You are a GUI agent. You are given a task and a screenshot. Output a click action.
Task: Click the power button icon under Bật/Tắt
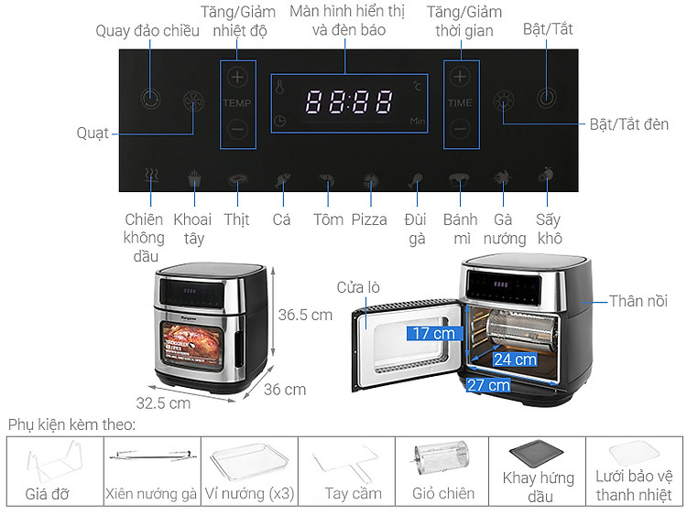pos(546,97)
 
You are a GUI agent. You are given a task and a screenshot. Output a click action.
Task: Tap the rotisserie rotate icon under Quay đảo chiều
pos(150,99)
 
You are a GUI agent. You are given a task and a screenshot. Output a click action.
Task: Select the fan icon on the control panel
pos(193,101)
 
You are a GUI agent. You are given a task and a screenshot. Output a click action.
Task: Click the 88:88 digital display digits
pos(349,102)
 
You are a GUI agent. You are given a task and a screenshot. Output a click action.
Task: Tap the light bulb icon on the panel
pos(504,102)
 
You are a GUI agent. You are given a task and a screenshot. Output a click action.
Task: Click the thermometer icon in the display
pos(279,86)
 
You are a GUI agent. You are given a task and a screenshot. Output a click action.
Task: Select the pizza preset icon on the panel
pos(371,180)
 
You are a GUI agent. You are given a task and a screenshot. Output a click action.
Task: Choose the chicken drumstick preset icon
pos(415,180)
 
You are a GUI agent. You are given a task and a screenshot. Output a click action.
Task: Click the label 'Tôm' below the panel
pos(328,220)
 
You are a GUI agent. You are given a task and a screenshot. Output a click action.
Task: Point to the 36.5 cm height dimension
pos(305,315)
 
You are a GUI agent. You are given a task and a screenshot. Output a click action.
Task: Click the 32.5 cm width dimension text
pos(163,403)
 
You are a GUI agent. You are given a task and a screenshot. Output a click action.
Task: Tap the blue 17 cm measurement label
pos(434,333)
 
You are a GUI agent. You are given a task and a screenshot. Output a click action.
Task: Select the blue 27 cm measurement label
pos(488,385)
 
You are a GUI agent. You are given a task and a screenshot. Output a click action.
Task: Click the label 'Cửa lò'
pos(358,287)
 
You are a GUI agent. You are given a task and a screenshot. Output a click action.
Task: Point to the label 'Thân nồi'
pos(638,301)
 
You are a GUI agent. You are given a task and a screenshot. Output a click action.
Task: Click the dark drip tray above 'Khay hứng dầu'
pos(536,455)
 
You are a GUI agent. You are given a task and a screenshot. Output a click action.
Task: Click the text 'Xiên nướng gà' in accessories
pos(151,494)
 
